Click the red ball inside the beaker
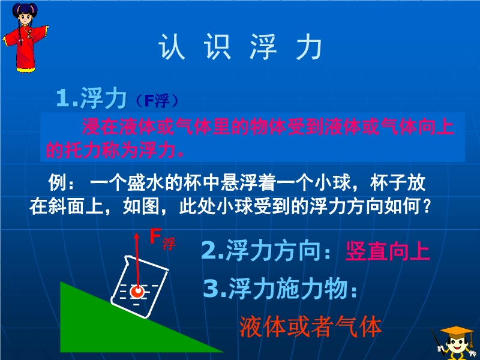137,291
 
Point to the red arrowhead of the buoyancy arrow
137,236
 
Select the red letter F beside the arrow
155,236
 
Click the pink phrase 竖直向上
388,251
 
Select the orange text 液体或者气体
310,326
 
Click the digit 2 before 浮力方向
209,251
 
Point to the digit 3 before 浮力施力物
211,289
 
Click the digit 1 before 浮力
63,98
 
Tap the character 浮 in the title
263,47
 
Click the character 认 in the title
172,47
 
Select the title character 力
308,47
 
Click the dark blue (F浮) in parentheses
156,101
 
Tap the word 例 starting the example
58,182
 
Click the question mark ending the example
426,207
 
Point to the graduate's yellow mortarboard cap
456,332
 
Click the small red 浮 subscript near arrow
169,244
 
